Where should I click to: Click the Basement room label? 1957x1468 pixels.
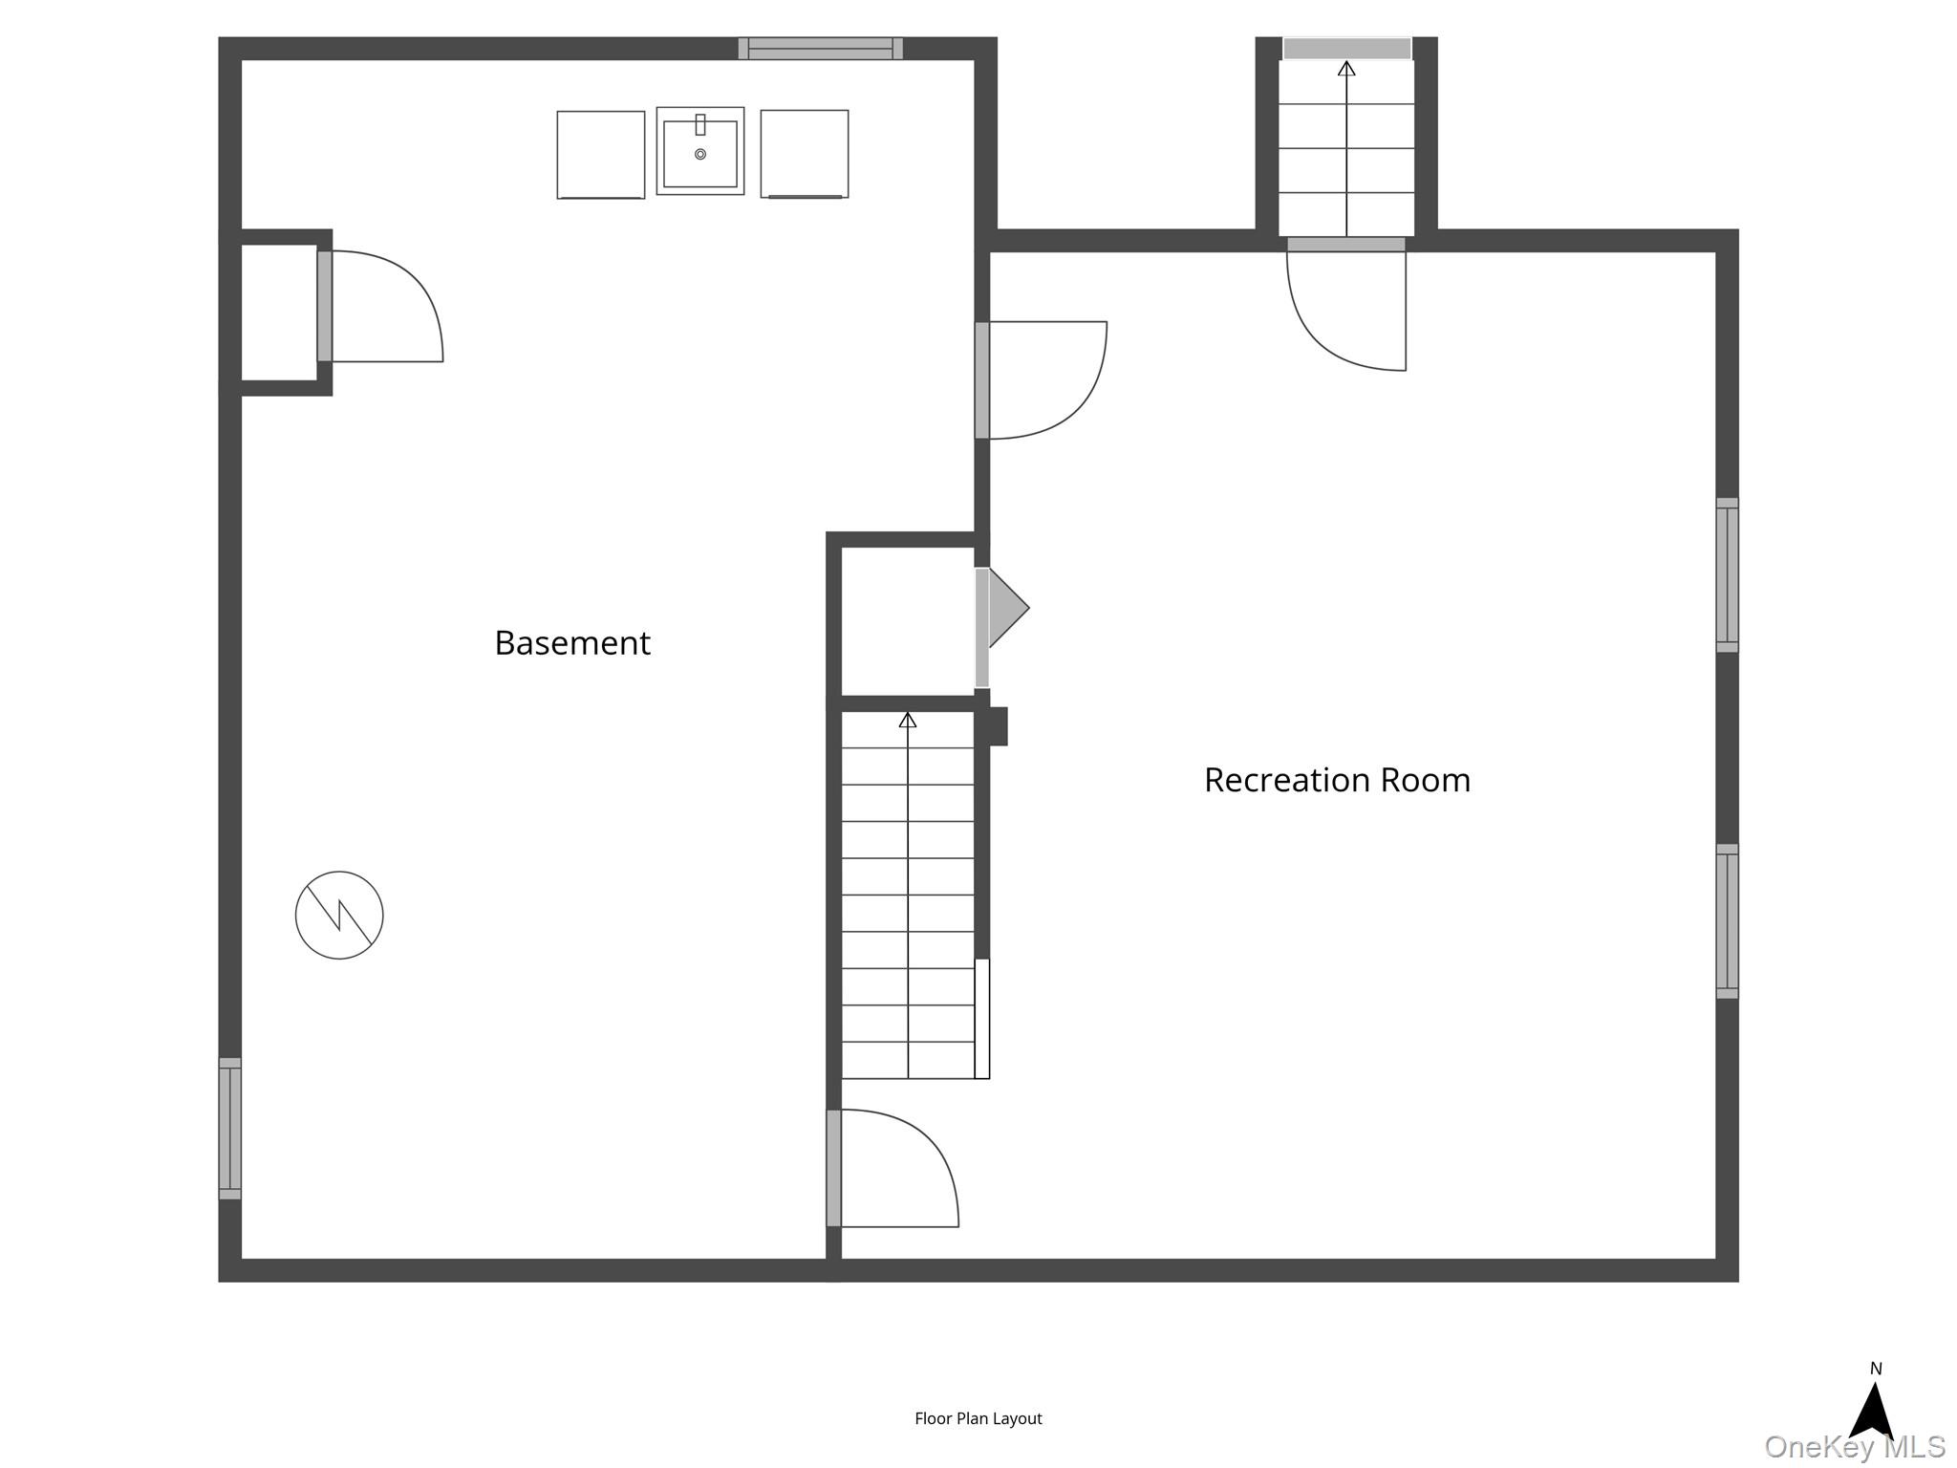click(572, 643)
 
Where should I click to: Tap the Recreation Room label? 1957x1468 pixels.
click(1337, 780)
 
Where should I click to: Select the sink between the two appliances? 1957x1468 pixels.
click(700, 151)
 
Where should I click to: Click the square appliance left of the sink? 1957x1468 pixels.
click(601, 155)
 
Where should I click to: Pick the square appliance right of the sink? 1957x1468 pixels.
click(805, 154)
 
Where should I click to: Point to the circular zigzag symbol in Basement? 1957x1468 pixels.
click(339, 915)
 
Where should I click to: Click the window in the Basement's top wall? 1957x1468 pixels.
click(821, 48)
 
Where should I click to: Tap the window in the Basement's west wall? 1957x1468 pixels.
click(230, 1128)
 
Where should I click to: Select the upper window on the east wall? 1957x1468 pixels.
click(1727, 574)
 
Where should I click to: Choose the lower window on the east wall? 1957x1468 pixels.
click(1727, 921)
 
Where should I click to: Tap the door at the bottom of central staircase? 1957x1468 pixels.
click(893, 1168)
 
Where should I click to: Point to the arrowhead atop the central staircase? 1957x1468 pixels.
click(908, 720)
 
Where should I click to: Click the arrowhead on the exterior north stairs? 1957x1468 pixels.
click(1346, 68)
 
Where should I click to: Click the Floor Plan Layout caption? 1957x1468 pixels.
click(978, 1419)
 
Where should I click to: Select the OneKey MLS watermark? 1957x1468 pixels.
click(1855, 1447)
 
